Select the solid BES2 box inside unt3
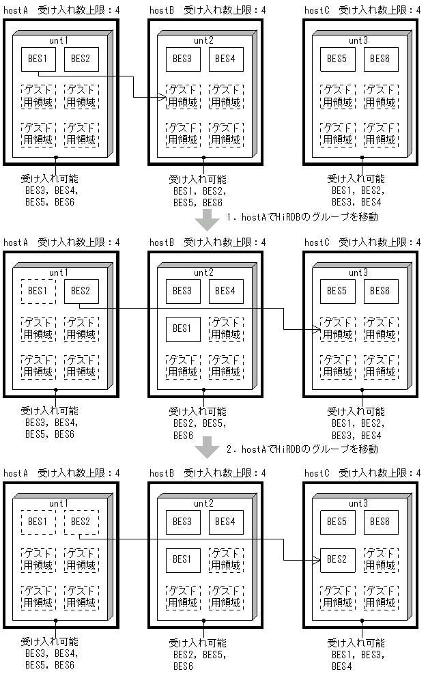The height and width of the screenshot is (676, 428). coord(337,560)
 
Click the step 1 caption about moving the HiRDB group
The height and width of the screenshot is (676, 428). coord(302,217)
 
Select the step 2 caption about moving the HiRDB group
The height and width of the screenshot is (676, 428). coord(302,449)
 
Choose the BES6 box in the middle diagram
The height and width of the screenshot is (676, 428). coord(380,291)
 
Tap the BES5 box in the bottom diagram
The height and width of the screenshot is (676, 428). coord(337,522)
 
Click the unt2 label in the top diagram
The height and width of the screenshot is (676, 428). coord(203,40)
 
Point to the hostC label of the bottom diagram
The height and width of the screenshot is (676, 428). coord(317,473)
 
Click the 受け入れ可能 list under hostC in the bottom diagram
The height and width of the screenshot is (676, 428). coord(356,654)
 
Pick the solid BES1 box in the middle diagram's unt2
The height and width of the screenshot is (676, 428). coord(183,328)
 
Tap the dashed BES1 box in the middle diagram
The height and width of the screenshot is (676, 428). coord(38,291)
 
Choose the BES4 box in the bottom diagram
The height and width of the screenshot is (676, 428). coord(225,522)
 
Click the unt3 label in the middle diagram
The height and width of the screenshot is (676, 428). coord(358,272)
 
